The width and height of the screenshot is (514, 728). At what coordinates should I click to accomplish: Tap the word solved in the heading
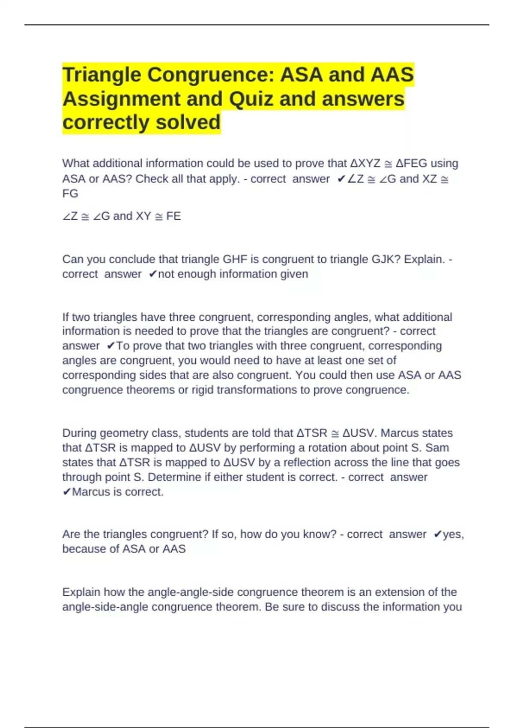point(188,122)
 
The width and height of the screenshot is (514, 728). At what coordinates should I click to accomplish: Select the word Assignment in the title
point(121,99)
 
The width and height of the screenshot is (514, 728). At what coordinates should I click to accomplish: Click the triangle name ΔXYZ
point(365,164)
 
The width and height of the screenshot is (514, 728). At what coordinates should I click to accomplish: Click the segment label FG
point(70,194)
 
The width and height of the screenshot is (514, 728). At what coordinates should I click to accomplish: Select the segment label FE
point(173,216)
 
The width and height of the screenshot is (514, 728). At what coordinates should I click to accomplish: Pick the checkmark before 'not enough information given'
point(153,274)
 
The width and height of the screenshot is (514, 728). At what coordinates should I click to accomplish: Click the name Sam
point(437,448)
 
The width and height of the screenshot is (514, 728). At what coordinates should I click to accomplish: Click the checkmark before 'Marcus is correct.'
point(67,492)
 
